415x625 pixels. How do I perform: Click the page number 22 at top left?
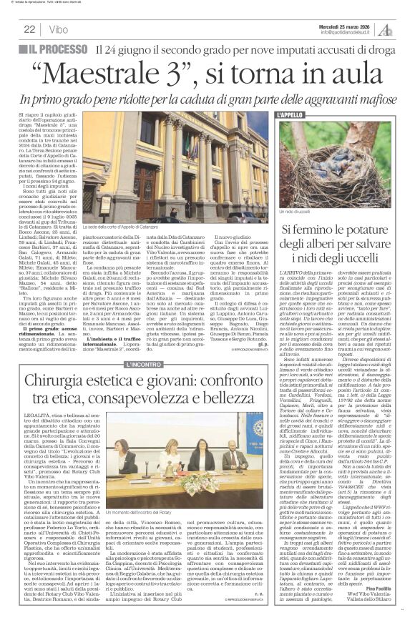point(30,29)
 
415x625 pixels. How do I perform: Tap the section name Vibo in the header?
point(54,29)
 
